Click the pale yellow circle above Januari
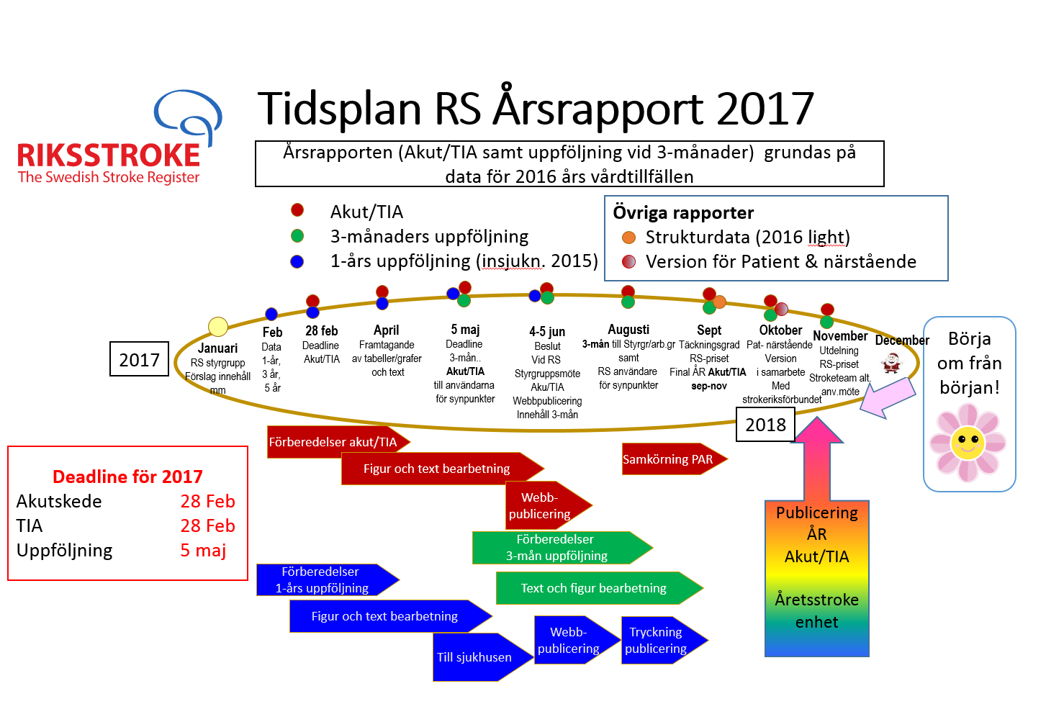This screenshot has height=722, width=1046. pos(217,326)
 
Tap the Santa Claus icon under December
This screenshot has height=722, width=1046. pos(891,362)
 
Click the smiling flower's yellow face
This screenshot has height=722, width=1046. pos(968,442)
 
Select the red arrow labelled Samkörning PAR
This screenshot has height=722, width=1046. pos(675,459)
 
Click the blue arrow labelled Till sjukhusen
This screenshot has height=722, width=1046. pos(483,657)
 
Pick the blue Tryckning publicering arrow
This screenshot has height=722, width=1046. pos(664,640)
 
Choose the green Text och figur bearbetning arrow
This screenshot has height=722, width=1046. pos(599,588)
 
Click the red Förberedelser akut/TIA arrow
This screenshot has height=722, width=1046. pos(338,442)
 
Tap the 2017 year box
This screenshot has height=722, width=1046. pos(139,359)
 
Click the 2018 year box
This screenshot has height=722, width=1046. pos(765,425)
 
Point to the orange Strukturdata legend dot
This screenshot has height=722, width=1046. pos(628,238)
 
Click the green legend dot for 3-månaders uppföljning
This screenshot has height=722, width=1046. pos(297,236)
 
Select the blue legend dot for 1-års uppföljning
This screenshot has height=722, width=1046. pos(297,261)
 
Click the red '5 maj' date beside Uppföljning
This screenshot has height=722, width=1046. pos(203,550)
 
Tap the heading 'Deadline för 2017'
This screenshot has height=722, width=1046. pos(127,477)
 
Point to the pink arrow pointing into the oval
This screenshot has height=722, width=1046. pos(887,397)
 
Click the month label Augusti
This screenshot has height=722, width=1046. pos(628,330)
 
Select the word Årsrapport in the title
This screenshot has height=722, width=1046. pos(598,109)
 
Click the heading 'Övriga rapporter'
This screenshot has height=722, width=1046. pos(683,212)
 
